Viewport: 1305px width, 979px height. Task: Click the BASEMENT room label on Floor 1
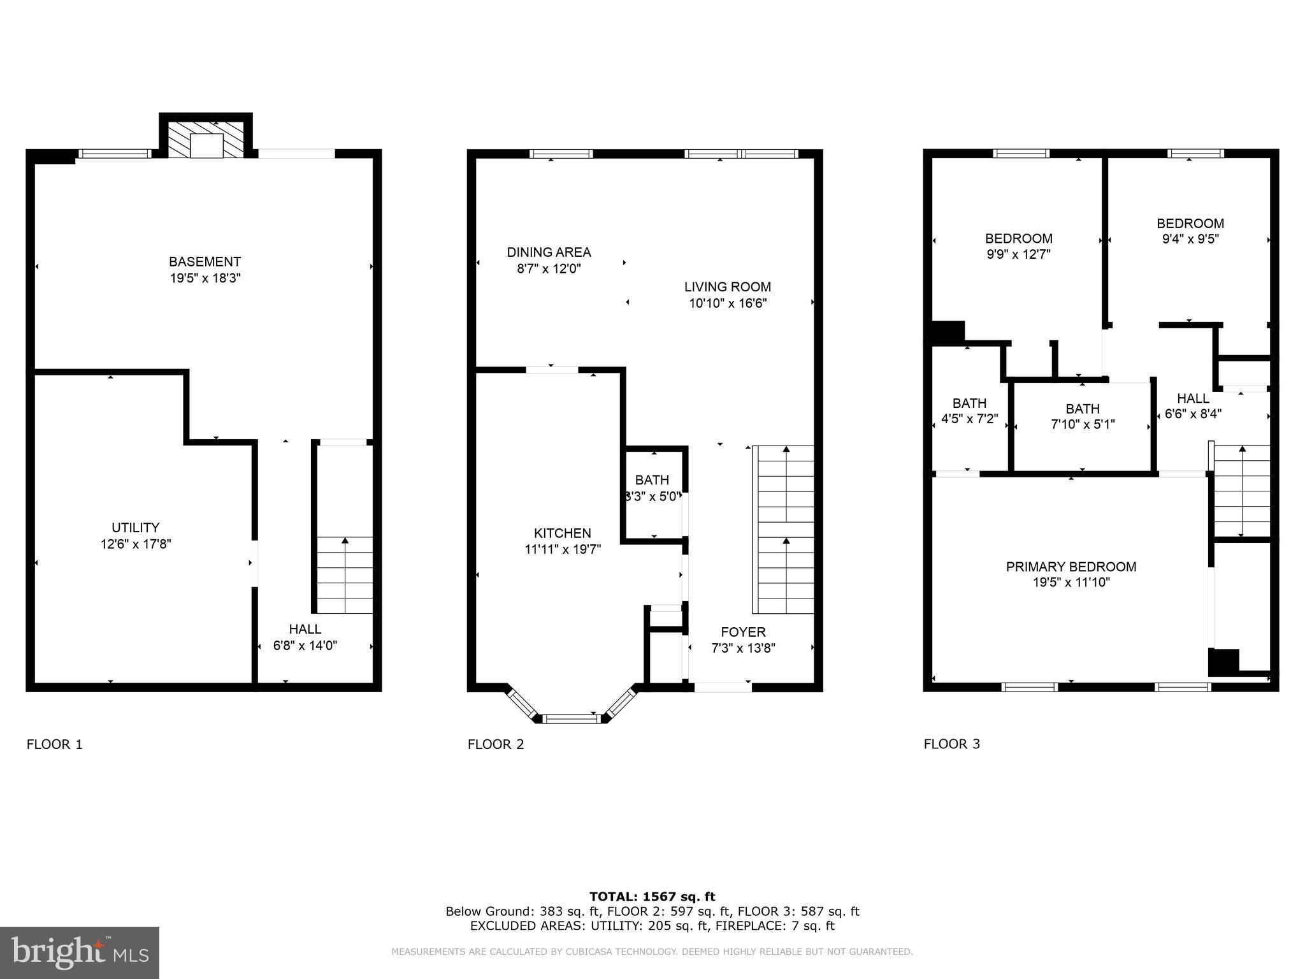tap(205, 261)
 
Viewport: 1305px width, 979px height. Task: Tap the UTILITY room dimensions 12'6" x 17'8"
tap(136, 544)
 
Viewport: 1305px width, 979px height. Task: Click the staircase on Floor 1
tap(345, 574)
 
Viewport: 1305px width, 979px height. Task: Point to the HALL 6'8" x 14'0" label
tap(305, 637)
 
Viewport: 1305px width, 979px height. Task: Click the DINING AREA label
tap(549, 252)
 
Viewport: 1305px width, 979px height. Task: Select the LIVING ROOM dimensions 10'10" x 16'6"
tap(727, 303)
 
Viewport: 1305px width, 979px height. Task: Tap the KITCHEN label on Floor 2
tap(562, 533)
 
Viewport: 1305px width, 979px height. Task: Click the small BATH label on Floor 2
tap(652, 480)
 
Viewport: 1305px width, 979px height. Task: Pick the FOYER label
tap(743, 632)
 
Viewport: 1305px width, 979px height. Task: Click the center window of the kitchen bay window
tap(573, 719)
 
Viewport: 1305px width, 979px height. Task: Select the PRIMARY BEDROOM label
tap(1071, 567)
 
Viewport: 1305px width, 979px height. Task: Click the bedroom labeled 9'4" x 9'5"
tap(1190, 231)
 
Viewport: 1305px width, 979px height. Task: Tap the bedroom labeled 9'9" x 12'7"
tap(1018, 246)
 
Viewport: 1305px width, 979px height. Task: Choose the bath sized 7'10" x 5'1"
tap(1082, 416)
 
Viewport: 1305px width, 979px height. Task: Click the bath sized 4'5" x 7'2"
tap(969, 411)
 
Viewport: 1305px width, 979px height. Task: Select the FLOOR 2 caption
tap(495, 744)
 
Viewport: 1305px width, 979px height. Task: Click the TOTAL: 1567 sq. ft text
tap(652, 897)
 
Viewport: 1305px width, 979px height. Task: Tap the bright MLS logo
tap(80, 952)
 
